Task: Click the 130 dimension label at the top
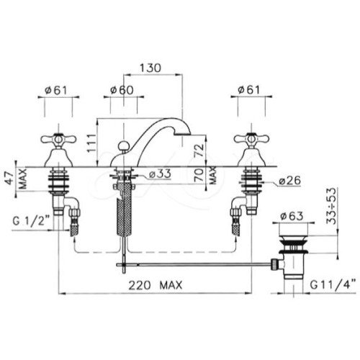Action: point(150,68)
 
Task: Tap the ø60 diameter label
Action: point(122,90)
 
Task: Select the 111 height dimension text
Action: point(91,143)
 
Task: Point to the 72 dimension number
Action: point(199,150)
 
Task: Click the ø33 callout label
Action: point(160,174)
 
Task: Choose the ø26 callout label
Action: point(289,181)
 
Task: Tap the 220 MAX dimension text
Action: point(156,286)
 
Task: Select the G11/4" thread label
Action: point(333,285)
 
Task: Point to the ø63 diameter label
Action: point(292,216)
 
